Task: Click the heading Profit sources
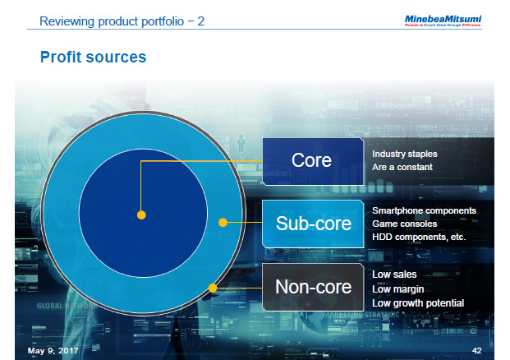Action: tap(93, 57)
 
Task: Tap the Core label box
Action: tap(312, 159)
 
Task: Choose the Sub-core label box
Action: tap(312, 223)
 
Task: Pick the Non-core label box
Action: tap(312, 287)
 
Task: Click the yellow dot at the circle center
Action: tap(141, 215)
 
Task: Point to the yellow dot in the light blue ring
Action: tap(222, 222)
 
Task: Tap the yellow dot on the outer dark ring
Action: tap(213, 288)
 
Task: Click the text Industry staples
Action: tap(404, 154)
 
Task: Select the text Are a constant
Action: tap(402, 167)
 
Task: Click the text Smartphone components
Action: tap(424, 210)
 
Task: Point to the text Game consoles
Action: tap(405, 224)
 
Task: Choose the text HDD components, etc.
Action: tap(418, 237)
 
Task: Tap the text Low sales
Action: tap(394, 275)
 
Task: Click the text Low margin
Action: tap(397, 288)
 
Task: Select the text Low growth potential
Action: tap(418, 302)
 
